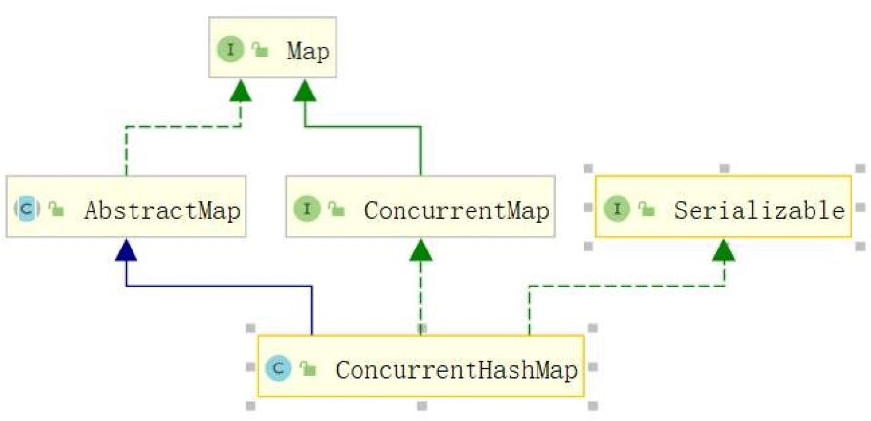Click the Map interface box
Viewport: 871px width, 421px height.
tap(272, 48)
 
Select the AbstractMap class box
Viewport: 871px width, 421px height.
tap(125, 208)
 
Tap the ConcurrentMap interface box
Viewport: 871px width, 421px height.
tap(420, 208)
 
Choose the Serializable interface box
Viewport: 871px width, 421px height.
tap(723, 208)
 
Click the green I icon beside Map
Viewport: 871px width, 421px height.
tap(230, 50)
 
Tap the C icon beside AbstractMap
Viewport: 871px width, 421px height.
tap(26, 209)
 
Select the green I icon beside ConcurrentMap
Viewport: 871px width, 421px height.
tap(308, 209)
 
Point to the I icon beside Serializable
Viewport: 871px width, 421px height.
tap(617, 209)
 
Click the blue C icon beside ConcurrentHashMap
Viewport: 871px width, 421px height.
tap(278, 368)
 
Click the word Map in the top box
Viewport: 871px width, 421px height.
tap(308, 50)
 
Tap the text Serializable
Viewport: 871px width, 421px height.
tap(759, 209)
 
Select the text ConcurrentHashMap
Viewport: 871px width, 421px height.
tap(456, 369)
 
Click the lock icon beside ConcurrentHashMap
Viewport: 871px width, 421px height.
tap(308, 369)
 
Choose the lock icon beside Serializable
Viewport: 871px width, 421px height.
tap(646, 210)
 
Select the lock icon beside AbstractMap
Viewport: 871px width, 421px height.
tap(56, 210)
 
